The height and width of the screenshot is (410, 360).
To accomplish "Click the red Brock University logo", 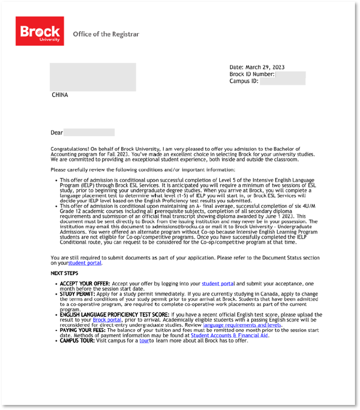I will click(x=39, y=31).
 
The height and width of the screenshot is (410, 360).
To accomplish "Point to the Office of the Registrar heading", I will click(x=105, y=34).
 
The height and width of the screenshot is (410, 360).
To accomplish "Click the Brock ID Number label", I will click(x=252, y=74).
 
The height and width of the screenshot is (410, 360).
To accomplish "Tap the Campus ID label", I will click(x=244, y=81).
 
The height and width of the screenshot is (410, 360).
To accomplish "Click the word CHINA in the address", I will click(x=60, y=95).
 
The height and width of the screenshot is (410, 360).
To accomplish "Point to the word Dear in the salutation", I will click(x=57, y=133).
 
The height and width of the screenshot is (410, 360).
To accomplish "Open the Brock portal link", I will click(x=107, y=320).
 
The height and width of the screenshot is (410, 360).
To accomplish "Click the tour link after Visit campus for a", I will click(x=144, y=341).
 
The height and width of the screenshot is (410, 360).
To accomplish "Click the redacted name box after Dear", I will click(x=89, y=133).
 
